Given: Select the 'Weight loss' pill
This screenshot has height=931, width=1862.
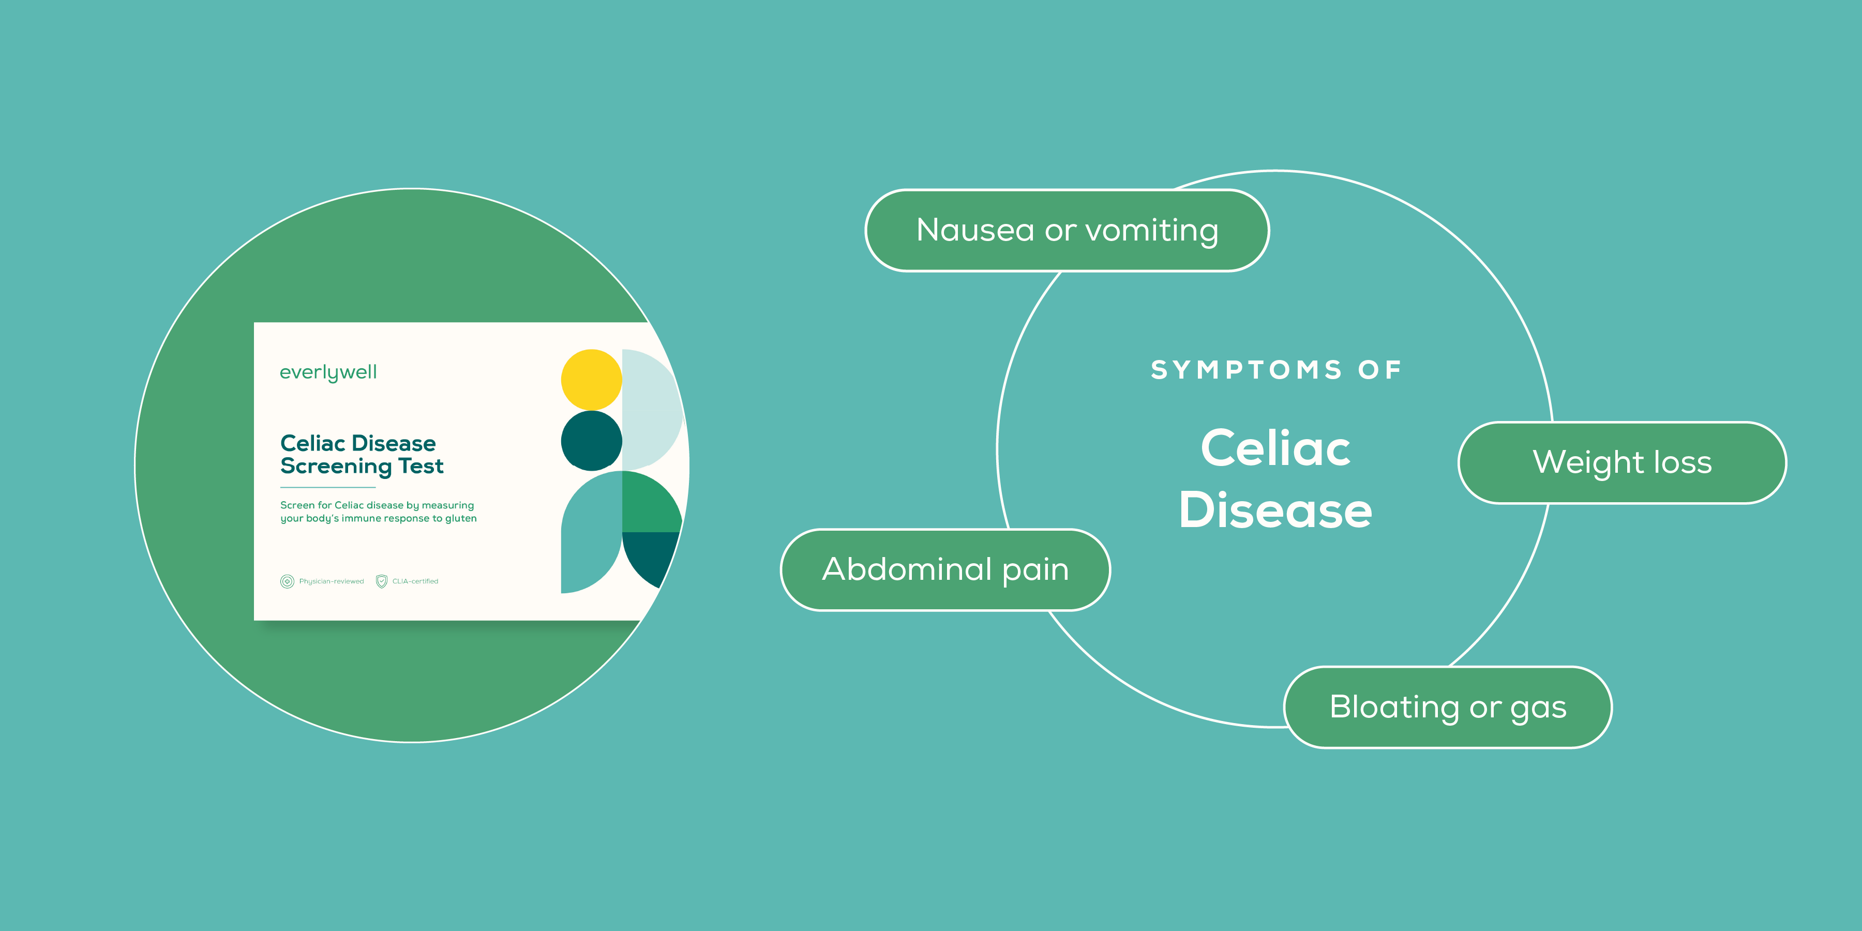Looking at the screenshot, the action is [x=1621, y=462].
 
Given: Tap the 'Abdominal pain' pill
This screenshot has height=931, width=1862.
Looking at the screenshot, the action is [x=945, y=569].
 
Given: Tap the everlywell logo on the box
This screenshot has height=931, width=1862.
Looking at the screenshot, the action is [x=328, y=373].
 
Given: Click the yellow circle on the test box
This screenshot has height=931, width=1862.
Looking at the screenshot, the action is [x=591, y=380].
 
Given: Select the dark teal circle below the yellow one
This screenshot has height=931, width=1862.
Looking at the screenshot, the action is [x=591, y=441].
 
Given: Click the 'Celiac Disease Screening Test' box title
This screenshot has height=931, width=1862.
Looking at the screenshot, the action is [x=362, y=455].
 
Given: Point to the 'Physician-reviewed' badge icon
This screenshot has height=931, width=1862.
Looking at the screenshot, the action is [x=287, y=581].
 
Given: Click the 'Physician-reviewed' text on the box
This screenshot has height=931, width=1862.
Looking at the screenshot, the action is [x=331, y=581].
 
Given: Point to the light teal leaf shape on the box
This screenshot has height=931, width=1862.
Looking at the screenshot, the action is [x=589, y=535].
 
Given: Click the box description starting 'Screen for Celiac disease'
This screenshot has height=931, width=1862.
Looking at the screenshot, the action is [x=378, y=512].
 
